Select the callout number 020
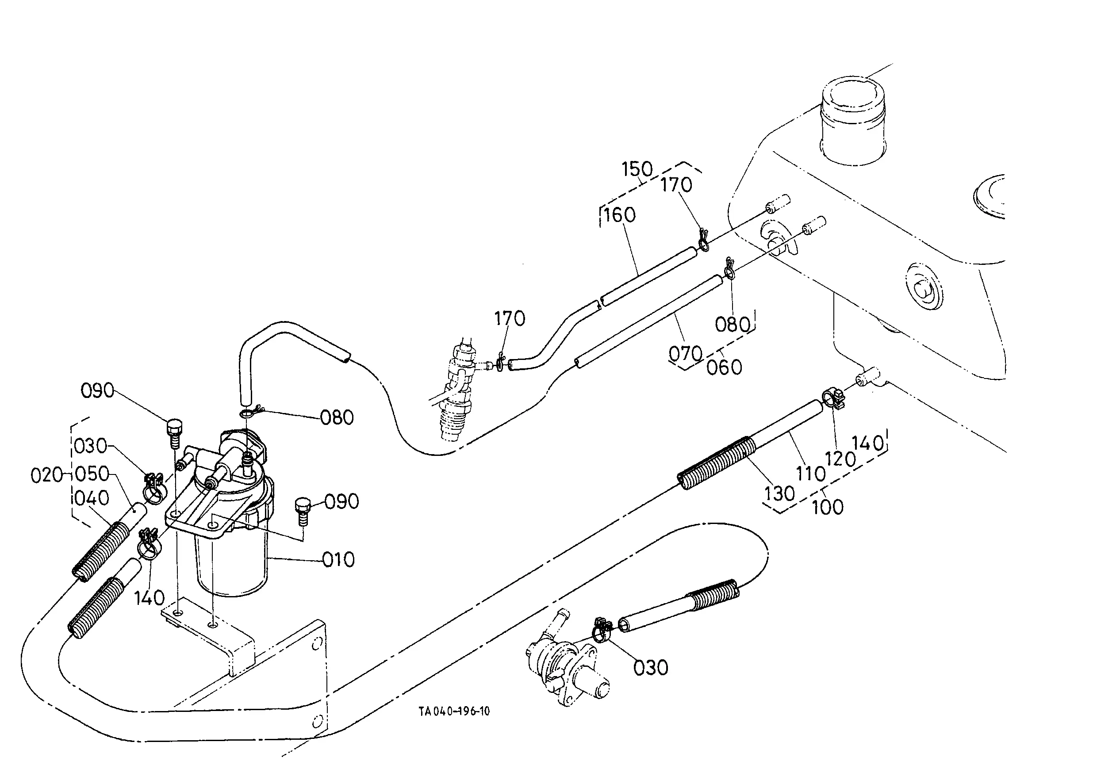pyautogui.click(x=47, y=475)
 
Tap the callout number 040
pyautogui.click(x=92, y=498)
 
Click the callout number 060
pyautogui.click(x=725, y=367)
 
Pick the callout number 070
pyautogui.click(x=686, y=354)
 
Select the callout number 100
pyautogui.click(x=828, y=507)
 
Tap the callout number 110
pyautogui.click(x=811, y=474)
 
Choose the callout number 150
pyautogui.click(x=637, y=169)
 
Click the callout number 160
pyautogui.click(x=620, y=215)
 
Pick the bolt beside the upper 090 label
pyautogui.click(x=174, y=432)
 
